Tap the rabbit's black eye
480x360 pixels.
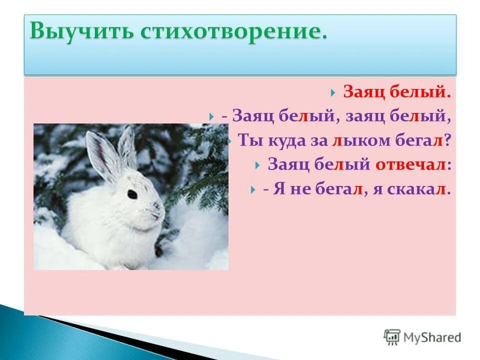[132, 193]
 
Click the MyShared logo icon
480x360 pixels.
[391, 337]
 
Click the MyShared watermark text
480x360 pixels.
[432, 337]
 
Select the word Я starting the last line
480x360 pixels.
[278, 189]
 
